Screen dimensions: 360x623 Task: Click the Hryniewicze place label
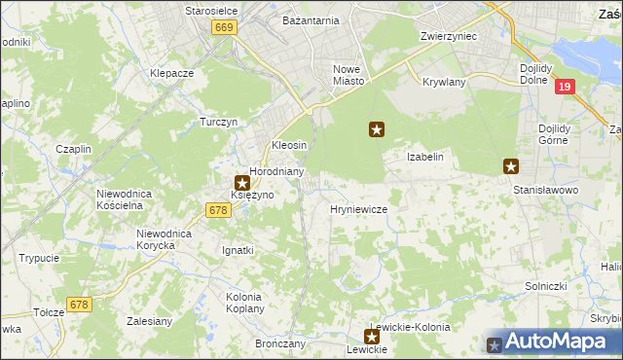(359, 209)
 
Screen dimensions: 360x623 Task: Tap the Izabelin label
(425, 157)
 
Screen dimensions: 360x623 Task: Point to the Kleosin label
(289, 145)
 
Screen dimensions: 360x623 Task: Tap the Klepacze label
(172, 73)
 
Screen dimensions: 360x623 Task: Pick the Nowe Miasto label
(348, 75)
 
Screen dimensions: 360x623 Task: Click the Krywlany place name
(445, 82)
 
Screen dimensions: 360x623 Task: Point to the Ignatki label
(238, 250)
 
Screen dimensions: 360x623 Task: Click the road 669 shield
(224, 28)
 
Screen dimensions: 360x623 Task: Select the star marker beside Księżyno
(242, 181)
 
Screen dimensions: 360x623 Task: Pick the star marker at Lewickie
(371, 336)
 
